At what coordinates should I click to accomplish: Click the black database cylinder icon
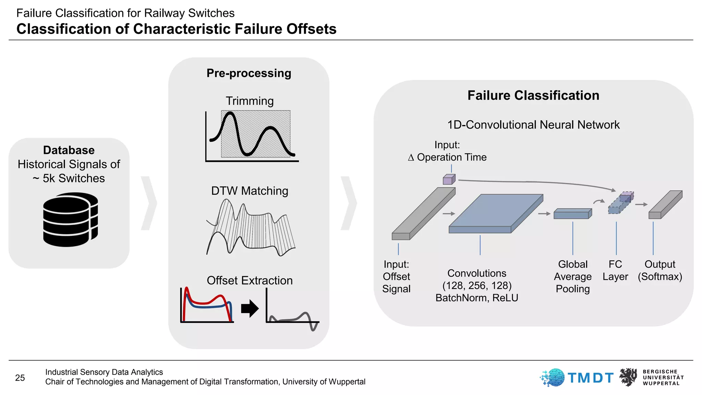click(70, 219)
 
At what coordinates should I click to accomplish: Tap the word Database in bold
click(69, 150)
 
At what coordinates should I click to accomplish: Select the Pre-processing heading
click(249, 73)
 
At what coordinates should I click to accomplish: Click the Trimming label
click(250, 101)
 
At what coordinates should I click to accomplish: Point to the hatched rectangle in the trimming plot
click(256, 134)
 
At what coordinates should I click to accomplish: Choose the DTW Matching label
click(250, 191)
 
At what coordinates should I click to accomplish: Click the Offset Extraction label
click(250, 280)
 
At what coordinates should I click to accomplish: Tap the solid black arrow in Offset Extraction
click(250, 309)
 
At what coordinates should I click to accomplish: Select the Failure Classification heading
click(533, 96)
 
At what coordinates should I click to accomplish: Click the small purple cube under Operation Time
click(449, 179)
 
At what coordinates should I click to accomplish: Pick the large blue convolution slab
click(496, 213)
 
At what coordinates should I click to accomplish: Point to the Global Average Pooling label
click(573, 276)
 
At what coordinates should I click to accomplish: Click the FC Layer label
click(615, 270)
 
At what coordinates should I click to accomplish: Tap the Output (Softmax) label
click(660, 270)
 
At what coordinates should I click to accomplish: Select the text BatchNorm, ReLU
click(477, 298)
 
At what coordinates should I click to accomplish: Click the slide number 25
click(20, 378)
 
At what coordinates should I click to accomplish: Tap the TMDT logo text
click(590, 378)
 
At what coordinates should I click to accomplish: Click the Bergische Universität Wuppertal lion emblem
click(628, 377)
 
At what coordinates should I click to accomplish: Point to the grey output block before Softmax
click(665, 205)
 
